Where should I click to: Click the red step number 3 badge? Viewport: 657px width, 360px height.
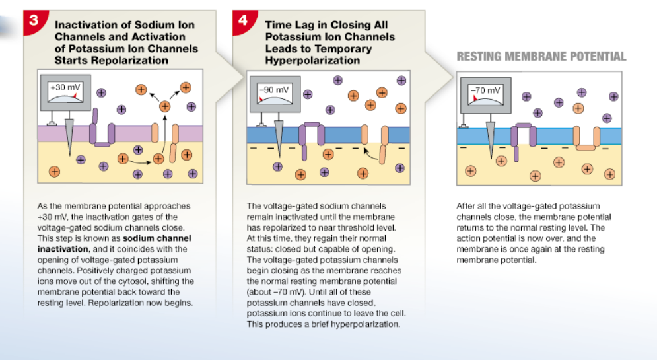point(32,18)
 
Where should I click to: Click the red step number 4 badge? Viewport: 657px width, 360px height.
point(243,19)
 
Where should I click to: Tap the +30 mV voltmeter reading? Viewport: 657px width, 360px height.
point(66,88)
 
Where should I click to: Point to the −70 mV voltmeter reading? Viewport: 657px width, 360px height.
point(485,90)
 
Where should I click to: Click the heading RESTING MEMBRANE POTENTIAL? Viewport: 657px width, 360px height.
point(541,57)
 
